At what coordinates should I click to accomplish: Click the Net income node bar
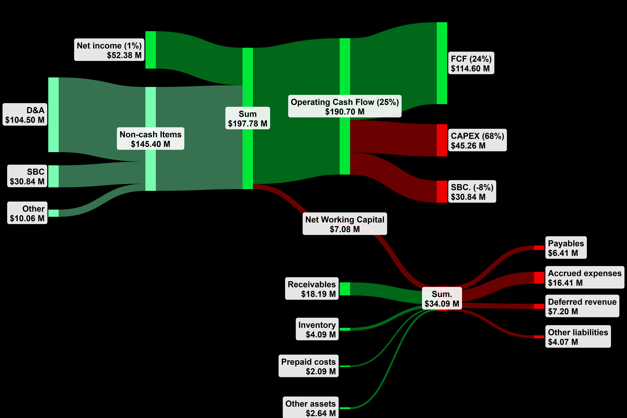pyautogui.click(x=150, y=50)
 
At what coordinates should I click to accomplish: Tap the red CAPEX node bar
pyautogui.click(x=442, y=140)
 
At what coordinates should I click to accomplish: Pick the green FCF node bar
pyautogui.click(x=442, y=63)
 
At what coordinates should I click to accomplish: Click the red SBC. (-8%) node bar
pyautogui.click(x=442, y=192)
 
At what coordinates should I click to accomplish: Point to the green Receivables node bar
pyautogui.click(x=345, y=289)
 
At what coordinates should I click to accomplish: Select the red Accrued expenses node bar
pyautogui.click(x=539, y=278)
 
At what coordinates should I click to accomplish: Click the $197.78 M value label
pyautogui.click(x=247, y=123)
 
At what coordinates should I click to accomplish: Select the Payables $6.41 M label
pyautogui.click(x=566, y=248)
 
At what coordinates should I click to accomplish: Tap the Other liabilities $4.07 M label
pyautogui.click(x=578, y=336)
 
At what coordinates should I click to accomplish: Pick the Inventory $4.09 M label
pyautogui.click(x=317, y=329)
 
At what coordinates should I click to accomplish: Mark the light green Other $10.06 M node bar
pyautogui.click(x=53, y=213)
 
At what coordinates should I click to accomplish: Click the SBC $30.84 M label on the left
pyautogui.click(x=27, y=176)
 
